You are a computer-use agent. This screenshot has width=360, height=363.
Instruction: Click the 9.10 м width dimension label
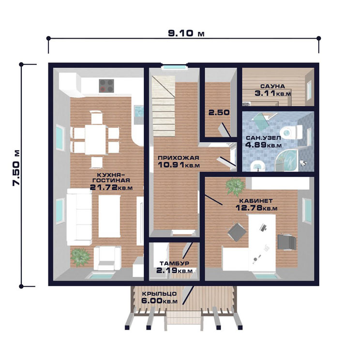click(x=186, y=33)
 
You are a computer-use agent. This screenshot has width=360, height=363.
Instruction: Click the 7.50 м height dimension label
click(x=16, y=168)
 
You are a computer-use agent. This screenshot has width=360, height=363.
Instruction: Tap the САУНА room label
click(x=272, y=87)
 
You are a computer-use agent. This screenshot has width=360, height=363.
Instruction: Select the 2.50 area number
click(x=219, y=113)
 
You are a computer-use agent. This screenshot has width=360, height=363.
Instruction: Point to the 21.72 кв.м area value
click(x=111, y=187)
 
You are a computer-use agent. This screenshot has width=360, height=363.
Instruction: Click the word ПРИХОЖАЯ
click(x=178, y=158)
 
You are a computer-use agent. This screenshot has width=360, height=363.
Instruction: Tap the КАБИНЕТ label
click(x=255, y=201)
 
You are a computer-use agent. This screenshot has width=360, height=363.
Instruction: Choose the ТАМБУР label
click(x=174, y=263)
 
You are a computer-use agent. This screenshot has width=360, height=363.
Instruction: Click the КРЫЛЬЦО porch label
click(x=159, y=294)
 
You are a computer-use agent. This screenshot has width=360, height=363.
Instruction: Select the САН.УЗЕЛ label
click(x=263, y=138)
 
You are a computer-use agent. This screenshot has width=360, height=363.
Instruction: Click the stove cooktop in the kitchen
click(x=106, y=86)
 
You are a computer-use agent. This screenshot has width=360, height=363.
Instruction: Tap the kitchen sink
click(x=139, y=111)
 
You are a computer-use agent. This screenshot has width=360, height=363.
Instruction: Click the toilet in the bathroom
click(x=291, y=132)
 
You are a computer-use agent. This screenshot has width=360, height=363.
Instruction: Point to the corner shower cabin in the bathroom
click(x=286, y=160)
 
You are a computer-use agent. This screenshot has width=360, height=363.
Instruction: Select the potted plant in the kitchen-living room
click(x=80, y=257)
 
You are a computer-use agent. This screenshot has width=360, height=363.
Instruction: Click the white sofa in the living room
click(x=79, y=217)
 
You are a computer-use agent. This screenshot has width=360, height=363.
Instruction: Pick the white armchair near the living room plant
click(x=107, y=258)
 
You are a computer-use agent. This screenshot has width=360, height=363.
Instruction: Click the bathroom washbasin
click(x=258, y=166)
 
